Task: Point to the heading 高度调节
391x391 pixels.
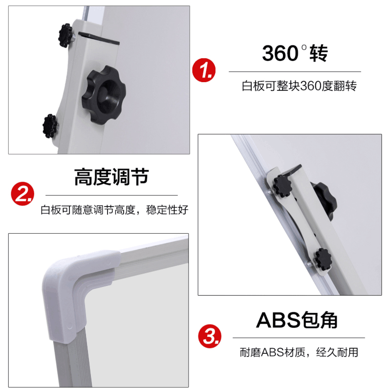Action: tap(111, 177)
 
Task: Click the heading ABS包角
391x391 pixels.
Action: tap(297, 320)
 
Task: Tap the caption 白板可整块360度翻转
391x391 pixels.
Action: tap(299, 87)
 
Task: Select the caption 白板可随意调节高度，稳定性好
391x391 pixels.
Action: tap(114, 211)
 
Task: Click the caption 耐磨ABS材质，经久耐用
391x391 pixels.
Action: tap(299, 352)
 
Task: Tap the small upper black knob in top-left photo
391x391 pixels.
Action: tap(65, 34)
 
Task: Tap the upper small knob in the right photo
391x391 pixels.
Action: tap(282, 186)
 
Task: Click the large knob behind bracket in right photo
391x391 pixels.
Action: tap(323, 198)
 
